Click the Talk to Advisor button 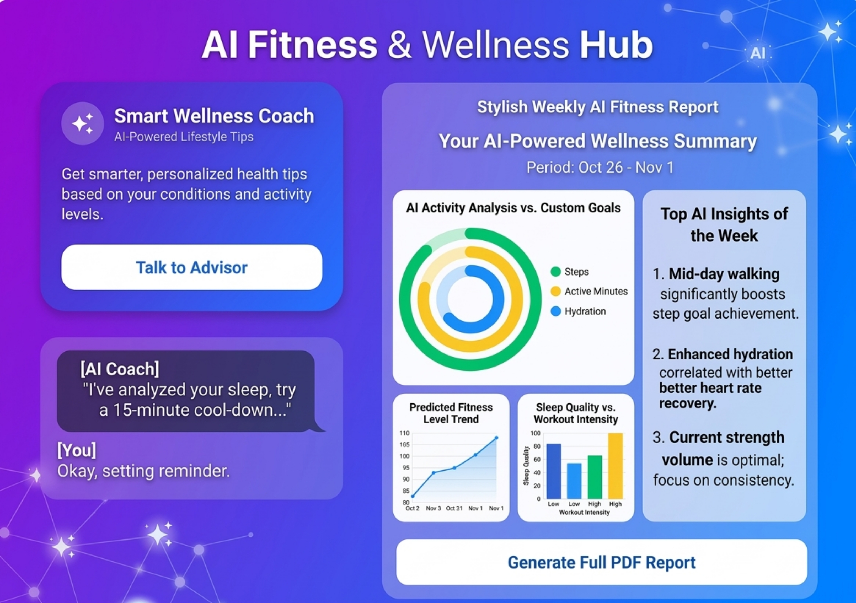pyautogui.click(x=192, y=267)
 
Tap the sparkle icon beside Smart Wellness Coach pyautogui.click(x=82, y=123)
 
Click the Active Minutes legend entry pyautogui.click(x=589, y=292)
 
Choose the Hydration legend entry pyautogui.click(x=578, y=311)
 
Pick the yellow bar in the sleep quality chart pyautogui.click(x=615, y=466)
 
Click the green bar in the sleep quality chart pyautogui.click(x=595, y=477)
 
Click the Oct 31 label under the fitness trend pyautogui.click(x=454, y=508)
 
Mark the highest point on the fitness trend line pyautogui.click(x=496, y=438)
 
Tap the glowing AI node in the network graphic pyautogui.click(x=758, y=53)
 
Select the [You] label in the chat pyautogui.click(x=77, y=450)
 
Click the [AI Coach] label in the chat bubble pyautogui.click(x=120, y=369)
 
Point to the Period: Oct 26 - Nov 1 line pyautogui.click(x=600, y=167)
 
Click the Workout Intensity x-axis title pyautogui.click(x=584, y=513)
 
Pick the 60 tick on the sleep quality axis pyautogui.click(x=537, y=460)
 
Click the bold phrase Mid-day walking pyautogui.click(x=724, y=274)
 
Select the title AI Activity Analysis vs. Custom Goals pyautogui.click(x=513, y=208)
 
